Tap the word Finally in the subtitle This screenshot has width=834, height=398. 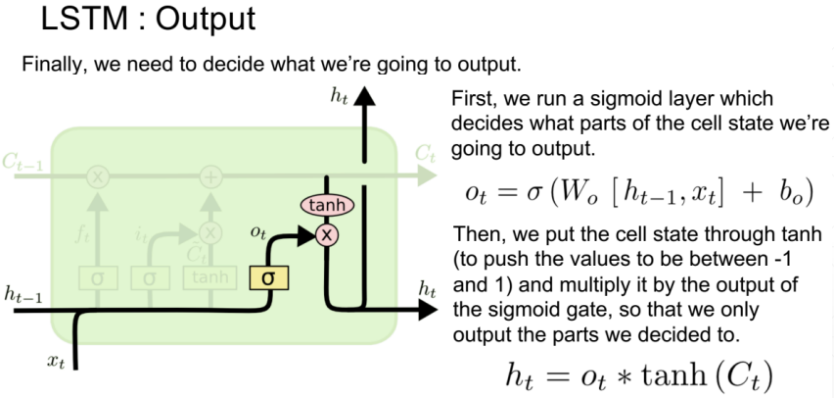(49, 66)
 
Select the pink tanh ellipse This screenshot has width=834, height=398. (327, 206)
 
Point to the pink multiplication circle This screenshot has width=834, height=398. (326, 235)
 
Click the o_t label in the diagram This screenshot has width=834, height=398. (258, 232)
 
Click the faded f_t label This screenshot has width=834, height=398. (82, 236)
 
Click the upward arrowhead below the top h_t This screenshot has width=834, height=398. (365, 97)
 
